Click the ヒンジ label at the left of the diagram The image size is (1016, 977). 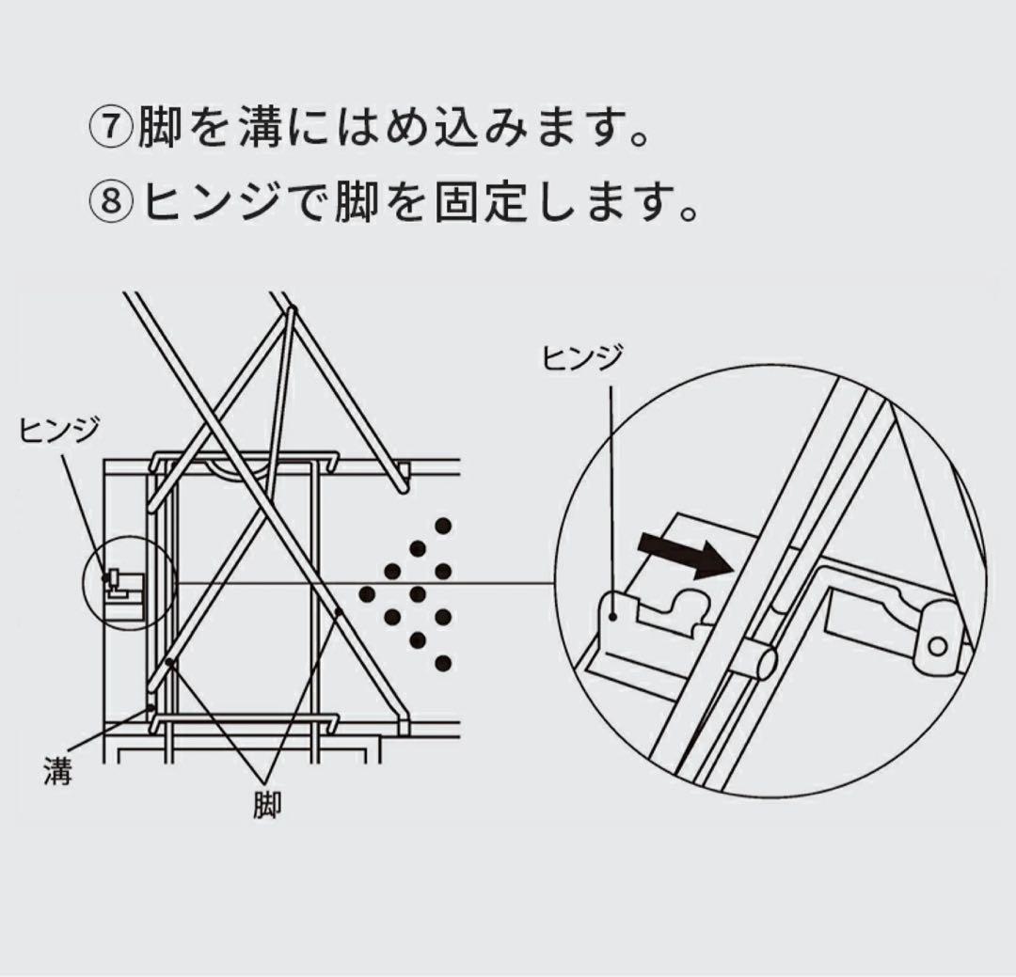coord(59,431)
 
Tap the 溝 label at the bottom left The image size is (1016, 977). coord(57,773)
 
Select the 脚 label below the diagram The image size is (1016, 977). coord(267,806)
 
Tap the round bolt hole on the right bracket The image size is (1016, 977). coord(936,645)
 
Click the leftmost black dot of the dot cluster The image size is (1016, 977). coord(368,594)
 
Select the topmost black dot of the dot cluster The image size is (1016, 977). coord(442,525)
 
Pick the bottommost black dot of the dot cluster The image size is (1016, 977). coord(442,663)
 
